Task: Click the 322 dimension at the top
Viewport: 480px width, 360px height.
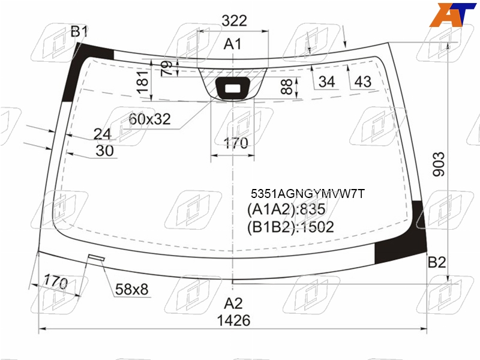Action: pyautogui.click(x=234, y=21)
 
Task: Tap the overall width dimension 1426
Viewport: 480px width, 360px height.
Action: pyautogui.click(x=233, y=320)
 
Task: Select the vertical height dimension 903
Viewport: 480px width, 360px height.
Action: pyautogui.click(x=439, y=164)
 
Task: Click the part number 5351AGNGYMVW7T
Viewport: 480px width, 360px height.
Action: pyautogui.click(x=308, y=193)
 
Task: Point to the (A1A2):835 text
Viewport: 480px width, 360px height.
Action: pyautogui.click(x=286, y=209)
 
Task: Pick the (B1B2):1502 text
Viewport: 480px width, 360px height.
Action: pyautogui.click(x=290, y=227)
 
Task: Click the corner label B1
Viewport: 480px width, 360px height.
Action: pyautogui.click(x=79, y=32)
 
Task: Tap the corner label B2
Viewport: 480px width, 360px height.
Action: pyautogui.click(x=437, y=262)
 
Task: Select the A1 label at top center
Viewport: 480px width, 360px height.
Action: pyautogui.click(x=232, y=44)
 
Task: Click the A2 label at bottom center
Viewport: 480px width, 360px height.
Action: pyautogui.click(x=233, y=304)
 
